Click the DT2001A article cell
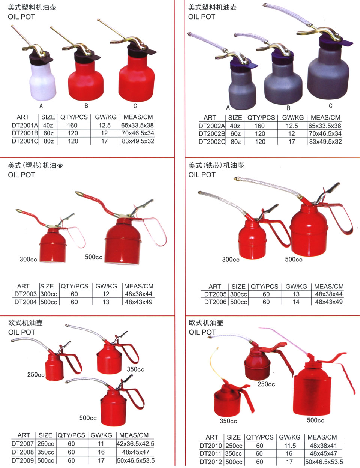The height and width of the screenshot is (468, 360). click(25, 125)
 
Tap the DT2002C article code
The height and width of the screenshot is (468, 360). click(212, 142)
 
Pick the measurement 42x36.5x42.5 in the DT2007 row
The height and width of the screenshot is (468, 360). click(135, 444)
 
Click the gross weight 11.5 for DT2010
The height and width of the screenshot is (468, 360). click(290, 445)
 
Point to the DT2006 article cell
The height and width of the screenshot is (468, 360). click(215, 302)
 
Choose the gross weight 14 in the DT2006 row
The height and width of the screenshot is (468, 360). click(296, 302)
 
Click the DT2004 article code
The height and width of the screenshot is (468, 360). click(25, 302)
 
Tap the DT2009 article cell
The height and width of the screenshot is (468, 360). click(22, 460)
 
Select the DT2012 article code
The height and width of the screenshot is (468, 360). click(211, 462)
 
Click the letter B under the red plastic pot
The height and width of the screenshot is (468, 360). click(86, 106)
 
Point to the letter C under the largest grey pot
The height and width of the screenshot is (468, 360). click(331, 106)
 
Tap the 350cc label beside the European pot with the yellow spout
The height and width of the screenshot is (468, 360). click(228, 421)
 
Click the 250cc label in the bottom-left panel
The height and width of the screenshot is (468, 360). click(36, 375)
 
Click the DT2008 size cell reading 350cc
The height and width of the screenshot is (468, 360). click(45, 452)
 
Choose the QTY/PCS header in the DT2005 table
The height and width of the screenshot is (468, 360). click(265, 286)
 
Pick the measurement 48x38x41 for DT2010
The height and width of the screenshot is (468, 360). click(323, 445)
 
